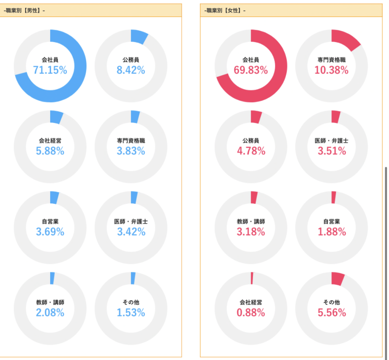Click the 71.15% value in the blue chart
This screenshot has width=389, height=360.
point(50,70)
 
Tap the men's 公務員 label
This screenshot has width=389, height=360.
point(131,60)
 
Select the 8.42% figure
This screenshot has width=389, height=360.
point(131,70)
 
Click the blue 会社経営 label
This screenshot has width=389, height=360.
point(50,141)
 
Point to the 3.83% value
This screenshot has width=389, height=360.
point(131,151)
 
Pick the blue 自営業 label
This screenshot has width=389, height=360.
point(50,221)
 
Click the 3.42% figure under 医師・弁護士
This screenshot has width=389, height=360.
point(131,232)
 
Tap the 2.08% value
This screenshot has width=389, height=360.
point(50,312)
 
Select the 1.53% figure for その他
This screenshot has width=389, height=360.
point(131,312)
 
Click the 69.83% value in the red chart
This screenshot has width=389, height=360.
point(251,70)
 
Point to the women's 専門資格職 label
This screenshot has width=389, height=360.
point(332,60)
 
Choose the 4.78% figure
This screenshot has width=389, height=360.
point(251,151)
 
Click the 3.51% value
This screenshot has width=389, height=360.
point(332,151)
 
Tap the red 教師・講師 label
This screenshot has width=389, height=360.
point(251,221)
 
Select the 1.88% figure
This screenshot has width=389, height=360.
point(332,232)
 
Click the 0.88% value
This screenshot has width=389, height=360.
point(251,312)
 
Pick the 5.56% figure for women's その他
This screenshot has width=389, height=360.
point(332,312)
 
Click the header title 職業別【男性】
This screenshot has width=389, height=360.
point(24,11)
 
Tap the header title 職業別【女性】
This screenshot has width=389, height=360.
point(225,11)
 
